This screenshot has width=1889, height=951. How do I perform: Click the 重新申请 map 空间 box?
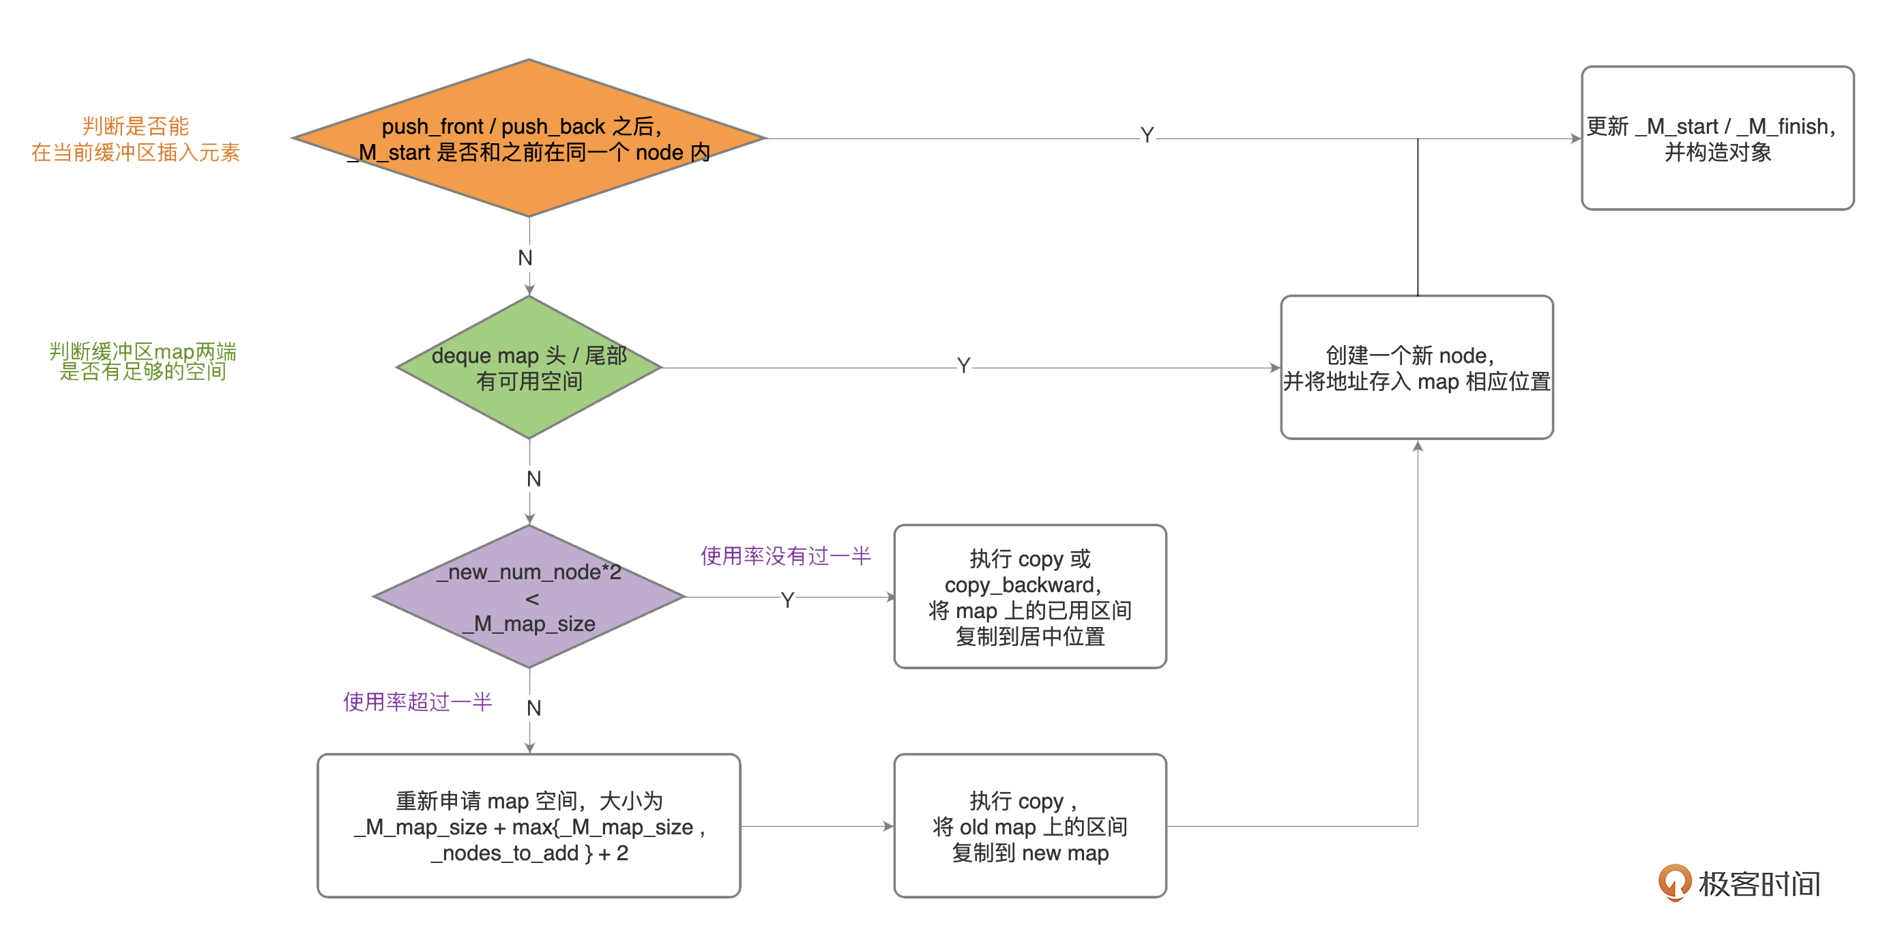pos(528,825)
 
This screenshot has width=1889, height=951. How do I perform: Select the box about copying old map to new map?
pos(1029,825)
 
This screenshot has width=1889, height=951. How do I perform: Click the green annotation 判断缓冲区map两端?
pos(143,353)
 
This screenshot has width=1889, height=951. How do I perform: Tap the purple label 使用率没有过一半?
pos(785,556)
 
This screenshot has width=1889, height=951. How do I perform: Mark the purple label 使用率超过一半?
pos(418,702)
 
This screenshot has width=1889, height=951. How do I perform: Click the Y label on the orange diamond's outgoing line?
pos(1147,136)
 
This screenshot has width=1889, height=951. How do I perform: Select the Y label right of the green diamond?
pos(963,365)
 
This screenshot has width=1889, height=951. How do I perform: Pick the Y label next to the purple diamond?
pos(787,600)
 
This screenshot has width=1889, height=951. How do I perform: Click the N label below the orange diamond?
pos(525,258)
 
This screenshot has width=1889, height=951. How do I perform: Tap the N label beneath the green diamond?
pos(534,479)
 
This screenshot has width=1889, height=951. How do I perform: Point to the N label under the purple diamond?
pos(534,708)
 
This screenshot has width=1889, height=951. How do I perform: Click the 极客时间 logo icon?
pos(1674,882)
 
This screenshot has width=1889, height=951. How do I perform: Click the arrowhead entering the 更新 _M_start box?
pos(1576,138)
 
